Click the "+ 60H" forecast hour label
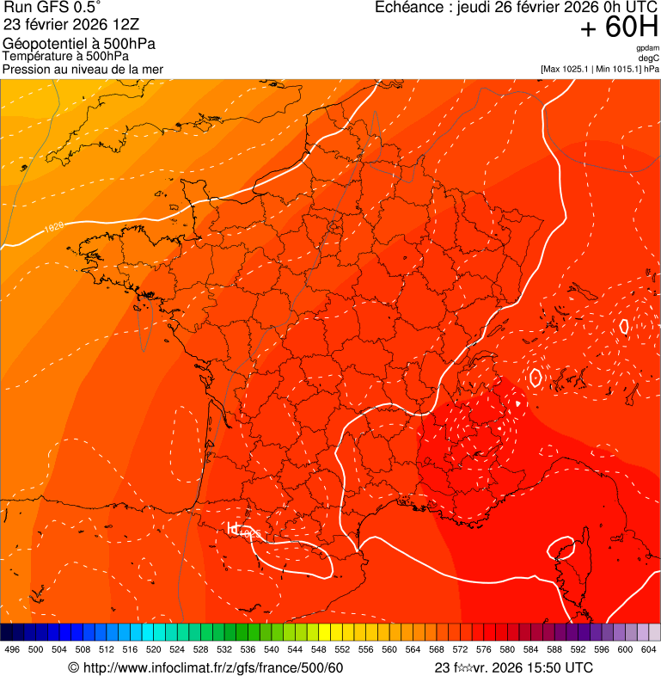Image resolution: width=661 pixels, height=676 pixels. [619, 28]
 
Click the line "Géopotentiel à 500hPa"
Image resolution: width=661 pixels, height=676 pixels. [79, 44]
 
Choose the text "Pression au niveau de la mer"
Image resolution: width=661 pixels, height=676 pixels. [83, 69]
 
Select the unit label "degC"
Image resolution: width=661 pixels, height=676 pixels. [649, 58]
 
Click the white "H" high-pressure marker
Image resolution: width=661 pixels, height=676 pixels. [232, 528]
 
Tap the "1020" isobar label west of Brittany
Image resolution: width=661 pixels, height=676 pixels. [54, 228]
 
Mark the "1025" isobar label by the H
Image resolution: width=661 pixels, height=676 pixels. [250, 534]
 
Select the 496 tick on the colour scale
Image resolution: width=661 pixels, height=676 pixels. [12, 649]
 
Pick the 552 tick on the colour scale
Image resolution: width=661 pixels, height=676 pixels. [341, 649]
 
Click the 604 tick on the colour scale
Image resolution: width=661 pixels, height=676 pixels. [648, 649]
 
